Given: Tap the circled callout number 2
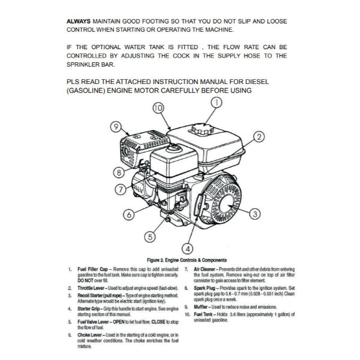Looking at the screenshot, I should coord(259,136).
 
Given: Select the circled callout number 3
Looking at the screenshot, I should coord(254,213).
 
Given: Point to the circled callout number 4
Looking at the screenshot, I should coord(187,247).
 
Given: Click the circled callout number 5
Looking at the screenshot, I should coord(151,236).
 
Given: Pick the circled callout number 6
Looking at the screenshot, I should coord(128,214).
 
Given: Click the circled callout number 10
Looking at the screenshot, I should coord(158,108).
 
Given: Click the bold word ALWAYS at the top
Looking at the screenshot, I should coord(79,20).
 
